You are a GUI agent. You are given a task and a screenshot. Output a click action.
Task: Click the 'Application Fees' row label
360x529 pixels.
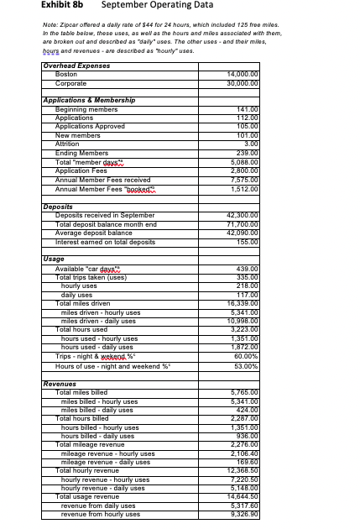[x=82, y=170]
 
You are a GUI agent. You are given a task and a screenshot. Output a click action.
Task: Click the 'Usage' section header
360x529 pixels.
[x=54, y=260]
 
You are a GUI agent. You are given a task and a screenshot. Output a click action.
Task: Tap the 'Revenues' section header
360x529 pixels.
[x=60, y=384]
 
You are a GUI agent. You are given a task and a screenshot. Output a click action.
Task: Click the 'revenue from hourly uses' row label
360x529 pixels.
[x=102, y=515]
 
